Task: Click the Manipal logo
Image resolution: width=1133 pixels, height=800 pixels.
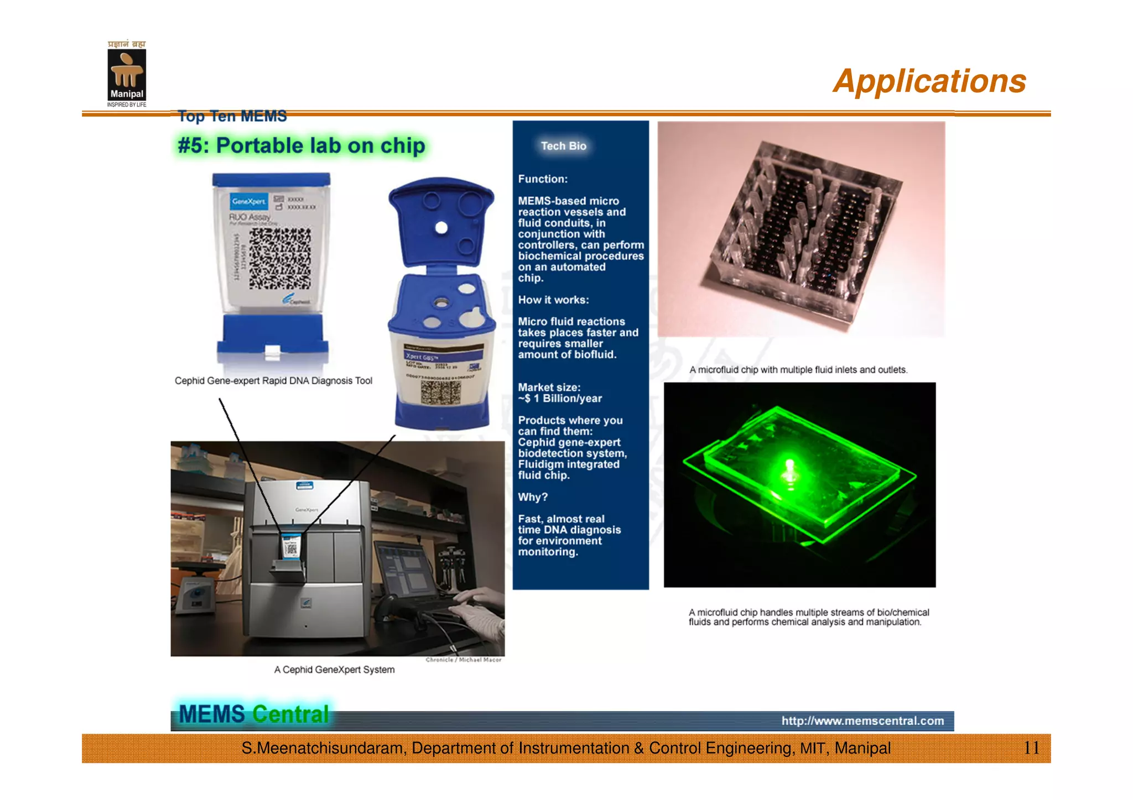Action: point(127,74)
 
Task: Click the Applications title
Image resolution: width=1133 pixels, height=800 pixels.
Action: point(929,81)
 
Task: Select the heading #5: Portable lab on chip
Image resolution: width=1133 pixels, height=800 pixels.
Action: point(301,146)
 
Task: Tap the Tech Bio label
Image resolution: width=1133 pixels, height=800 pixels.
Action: point(563,146)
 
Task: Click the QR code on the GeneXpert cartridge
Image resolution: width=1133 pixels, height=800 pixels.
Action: point(280,259)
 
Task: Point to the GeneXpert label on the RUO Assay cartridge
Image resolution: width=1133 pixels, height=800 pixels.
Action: point(248,201)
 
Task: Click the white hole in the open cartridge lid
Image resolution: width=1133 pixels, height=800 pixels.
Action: point(441,228)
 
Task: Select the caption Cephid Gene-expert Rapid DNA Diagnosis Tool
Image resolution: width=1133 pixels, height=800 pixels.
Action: point(273,381)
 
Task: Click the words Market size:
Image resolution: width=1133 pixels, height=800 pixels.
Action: point(549,388)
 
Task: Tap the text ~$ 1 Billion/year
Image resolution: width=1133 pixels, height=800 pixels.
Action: point(560,399)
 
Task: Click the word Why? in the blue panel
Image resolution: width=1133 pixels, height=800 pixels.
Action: point(532,497)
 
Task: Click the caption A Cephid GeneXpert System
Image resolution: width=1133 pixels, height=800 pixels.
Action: point(334,670)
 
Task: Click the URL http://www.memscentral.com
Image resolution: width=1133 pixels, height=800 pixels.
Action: point(862,721)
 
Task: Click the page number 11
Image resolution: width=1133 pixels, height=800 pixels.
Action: point(1031,748)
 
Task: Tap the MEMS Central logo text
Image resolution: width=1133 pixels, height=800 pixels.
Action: point(254,714)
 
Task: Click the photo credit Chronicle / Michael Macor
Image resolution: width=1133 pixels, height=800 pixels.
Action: point(463,660)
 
